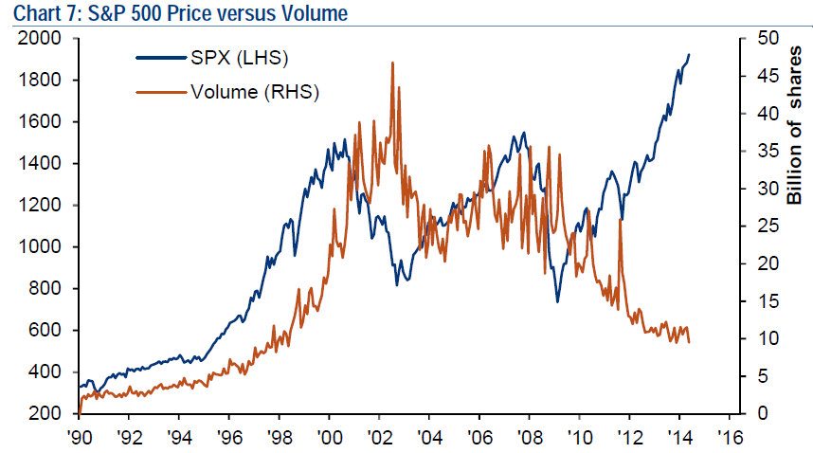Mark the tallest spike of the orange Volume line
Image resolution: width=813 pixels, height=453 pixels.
click(392, 63)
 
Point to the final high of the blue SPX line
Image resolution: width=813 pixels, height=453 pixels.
click(689, 55)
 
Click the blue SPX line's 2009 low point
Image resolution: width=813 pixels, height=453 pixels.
click(557, 301)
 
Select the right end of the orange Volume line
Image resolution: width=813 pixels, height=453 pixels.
click(689, 341)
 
